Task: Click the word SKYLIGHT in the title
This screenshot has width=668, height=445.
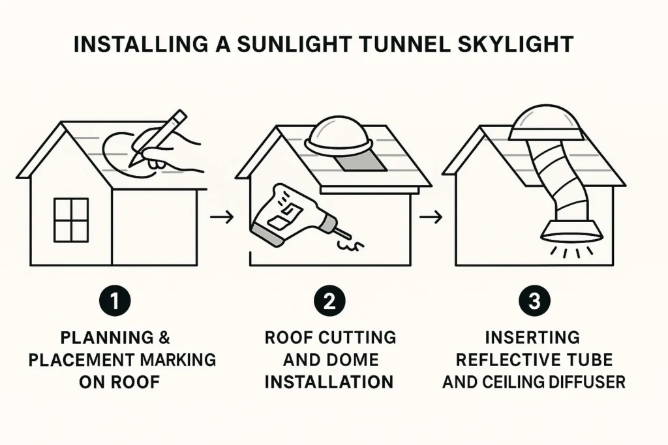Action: tap(515, 44)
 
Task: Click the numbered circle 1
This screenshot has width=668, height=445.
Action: tap(115, 301)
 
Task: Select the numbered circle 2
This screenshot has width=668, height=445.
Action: tap(329, 301)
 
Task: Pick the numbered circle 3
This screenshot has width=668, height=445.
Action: tap(534, 301)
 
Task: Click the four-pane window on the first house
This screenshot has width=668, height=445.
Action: tap(71, 220)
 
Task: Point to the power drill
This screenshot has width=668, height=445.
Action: tap(298, 215)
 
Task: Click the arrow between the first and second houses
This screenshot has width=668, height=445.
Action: tap(222, 217)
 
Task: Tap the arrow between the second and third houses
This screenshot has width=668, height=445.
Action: tap(431, 218)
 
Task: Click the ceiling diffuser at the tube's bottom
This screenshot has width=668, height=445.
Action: tap(571, 231)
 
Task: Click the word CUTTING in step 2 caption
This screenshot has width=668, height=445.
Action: tap(357, 337)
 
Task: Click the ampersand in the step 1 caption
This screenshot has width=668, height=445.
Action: tap(164, 337)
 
